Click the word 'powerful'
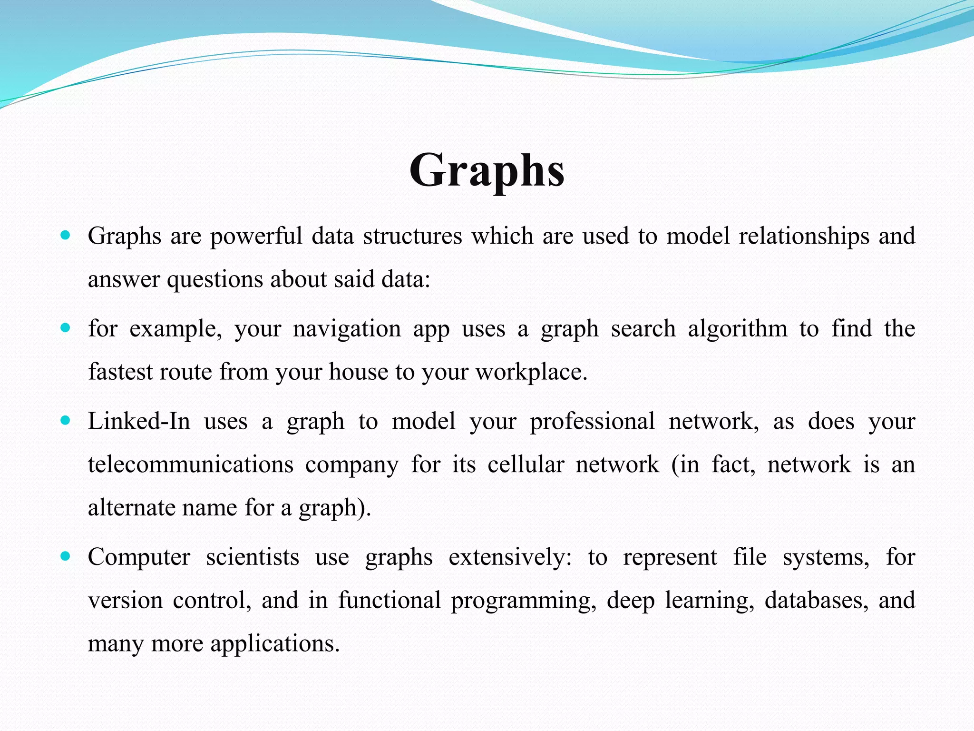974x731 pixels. [x=256, y=237]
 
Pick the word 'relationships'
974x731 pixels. [x=804, y=237]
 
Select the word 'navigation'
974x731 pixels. [x=347, y=329]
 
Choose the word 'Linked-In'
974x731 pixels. [x=139, y=422]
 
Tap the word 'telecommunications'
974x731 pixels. [x=191, y=465]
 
